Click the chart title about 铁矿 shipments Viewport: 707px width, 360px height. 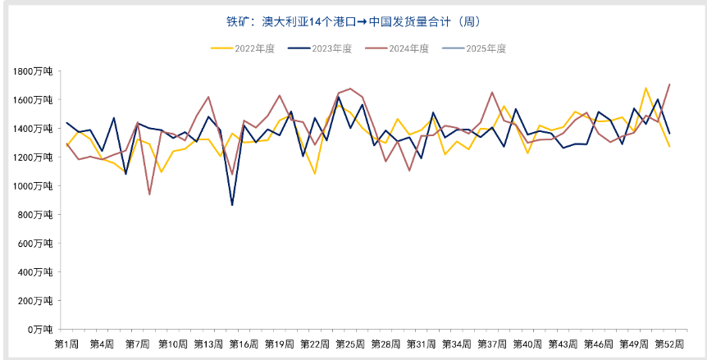[x=353, y=21]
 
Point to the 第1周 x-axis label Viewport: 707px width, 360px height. [x=66, y=343]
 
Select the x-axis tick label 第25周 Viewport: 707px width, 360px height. [x=350, y=343]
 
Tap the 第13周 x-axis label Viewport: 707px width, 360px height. [x=208, y=343]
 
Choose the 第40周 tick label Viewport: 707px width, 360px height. [x=527, y=343]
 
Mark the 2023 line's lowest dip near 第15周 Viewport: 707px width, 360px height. [x=232, y=205]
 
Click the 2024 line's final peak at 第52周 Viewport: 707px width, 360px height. [x=670, y=84]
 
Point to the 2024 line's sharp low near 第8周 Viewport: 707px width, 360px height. [x=149, y=194]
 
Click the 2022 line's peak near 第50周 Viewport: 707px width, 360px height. [x=646, y=89]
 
